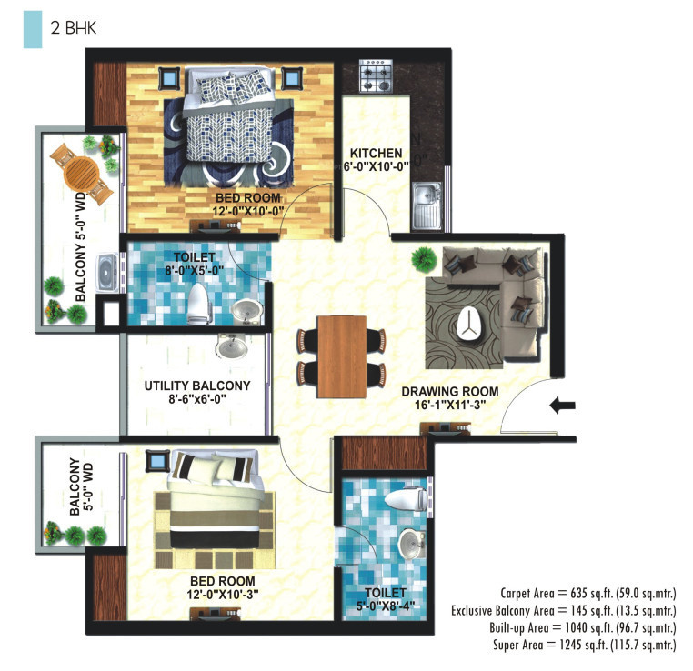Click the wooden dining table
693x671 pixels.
pyautogui.click(x=343, y=356)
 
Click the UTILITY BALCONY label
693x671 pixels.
pyautogui.click(x=197, y=386)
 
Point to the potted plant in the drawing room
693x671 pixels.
pyautogui.click(x=421, y=259)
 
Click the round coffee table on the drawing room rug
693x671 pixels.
pyautogui.click(x=471, y=324)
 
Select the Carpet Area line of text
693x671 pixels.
pyautogui.click(x=588, y=594)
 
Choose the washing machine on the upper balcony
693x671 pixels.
pyautogui.click(x=108, y=270)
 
